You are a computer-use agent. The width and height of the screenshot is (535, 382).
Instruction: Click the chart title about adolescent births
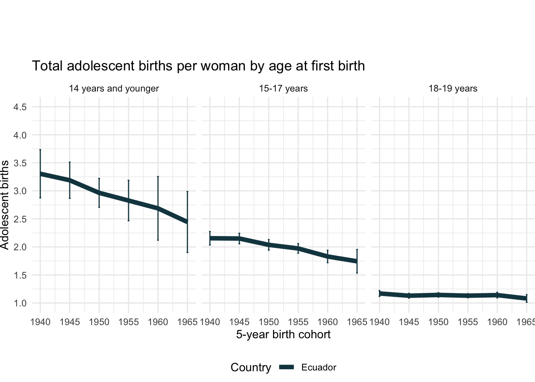click(198, 66)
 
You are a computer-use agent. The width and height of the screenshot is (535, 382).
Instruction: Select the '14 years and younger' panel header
click(114, 88)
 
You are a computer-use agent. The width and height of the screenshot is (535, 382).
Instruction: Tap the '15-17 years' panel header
click(283, 88)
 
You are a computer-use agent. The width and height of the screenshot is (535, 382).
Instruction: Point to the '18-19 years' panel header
click(453, 88)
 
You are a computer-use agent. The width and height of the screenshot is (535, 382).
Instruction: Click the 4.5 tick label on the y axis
click(20, 107)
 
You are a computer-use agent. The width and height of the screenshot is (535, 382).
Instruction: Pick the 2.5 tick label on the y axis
click(20, 219)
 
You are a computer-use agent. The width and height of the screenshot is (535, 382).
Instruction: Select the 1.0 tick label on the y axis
click(20, 303)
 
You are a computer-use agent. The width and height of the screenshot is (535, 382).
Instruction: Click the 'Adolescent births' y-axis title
click(5, 205)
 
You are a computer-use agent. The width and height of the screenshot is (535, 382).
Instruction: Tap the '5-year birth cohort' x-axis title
click(283, 334)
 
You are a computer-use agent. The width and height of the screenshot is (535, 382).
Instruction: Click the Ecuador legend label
click(318, 367)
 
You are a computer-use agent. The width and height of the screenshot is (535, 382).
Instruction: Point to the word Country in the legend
click(251, 367)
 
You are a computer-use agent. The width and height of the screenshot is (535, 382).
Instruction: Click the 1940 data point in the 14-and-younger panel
click(40, 174)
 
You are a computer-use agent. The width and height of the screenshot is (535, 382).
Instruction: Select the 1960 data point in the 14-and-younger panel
click(158, 208)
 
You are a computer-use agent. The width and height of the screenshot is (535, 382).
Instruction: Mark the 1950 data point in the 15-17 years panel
click(269, 245)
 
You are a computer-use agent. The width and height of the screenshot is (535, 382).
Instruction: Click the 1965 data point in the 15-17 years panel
click(357, 261)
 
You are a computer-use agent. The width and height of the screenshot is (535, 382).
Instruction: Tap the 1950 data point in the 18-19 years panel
click(438, 295)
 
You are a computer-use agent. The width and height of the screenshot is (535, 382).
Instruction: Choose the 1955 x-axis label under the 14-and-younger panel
click(129, 322)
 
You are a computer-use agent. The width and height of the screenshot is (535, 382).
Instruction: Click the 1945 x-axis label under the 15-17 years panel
click(239, 322)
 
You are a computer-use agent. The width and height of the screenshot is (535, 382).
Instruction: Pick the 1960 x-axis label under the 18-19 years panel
click(497, 322)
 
